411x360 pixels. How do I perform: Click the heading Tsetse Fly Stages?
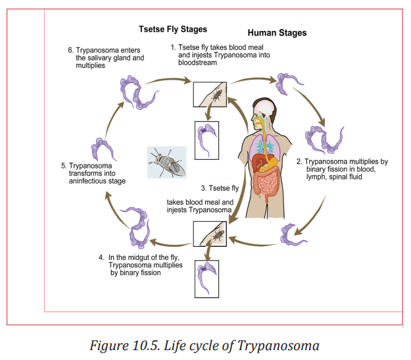click(173, 29)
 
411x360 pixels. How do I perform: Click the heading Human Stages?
click(277, 33)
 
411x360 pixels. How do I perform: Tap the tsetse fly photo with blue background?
click(167, 162)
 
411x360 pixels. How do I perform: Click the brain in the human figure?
click(265, 107)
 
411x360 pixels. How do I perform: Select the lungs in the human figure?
click(265, 146)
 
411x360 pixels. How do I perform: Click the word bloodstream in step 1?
click(197, 63)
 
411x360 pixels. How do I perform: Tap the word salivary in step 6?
click(102, 58)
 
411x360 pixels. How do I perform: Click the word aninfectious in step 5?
click(97, 181)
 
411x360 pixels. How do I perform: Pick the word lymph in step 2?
click(316, 177)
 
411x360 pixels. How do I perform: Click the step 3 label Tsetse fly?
click(220, 188)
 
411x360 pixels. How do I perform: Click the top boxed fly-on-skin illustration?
click(210, 94)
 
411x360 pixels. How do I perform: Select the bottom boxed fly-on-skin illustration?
click(210, 234)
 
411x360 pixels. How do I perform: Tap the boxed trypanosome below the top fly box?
click(206, 140)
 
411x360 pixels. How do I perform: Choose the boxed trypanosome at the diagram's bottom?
click(206, 279)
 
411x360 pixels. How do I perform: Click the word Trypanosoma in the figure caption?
click(278, 346)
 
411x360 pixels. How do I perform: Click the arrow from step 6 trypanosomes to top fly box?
click(168, 80)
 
